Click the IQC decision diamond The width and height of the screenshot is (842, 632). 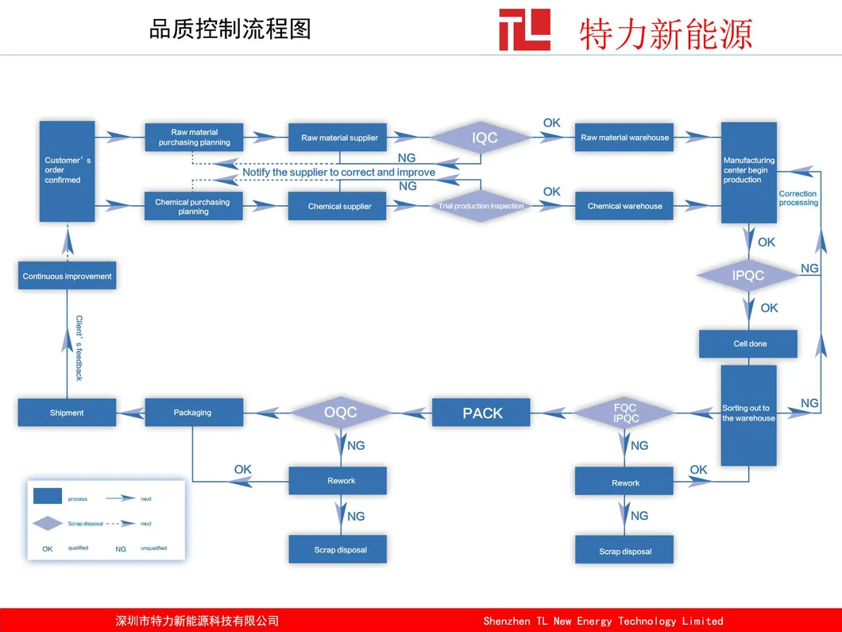tap(485, 138)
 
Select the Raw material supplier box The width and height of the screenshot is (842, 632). tap(339, 138)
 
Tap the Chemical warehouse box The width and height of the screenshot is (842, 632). tap(624, 206)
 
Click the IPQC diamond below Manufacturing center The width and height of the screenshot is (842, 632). tap(747, 276)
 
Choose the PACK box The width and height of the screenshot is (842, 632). tap(482, 413)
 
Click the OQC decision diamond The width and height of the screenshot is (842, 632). tap(340, 413)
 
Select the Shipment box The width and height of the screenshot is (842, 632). tap(67, 413)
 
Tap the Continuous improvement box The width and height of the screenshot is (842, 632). tap(68, 276)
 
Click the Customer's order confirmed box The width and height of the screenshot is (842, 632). tap(68, 171)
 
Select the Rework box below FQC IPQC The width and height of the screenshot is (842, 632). tap(625, 483)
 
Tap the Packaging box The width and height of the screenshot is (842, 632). tap(193, 413)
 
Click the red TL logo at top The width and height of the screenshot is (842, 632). tap(524, 30)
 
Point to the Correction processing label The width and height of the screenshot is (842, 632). tap(798, 198)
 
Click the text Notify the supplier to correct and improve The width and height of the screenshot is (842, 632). tap(339, 172)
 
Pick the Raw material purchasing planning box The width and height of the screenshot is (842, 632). tap(194, 138)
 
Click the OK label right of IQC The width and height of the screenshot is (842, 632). tap(551, 123)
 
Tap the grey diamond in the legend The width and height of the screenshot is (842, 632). tap(48, 523)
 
